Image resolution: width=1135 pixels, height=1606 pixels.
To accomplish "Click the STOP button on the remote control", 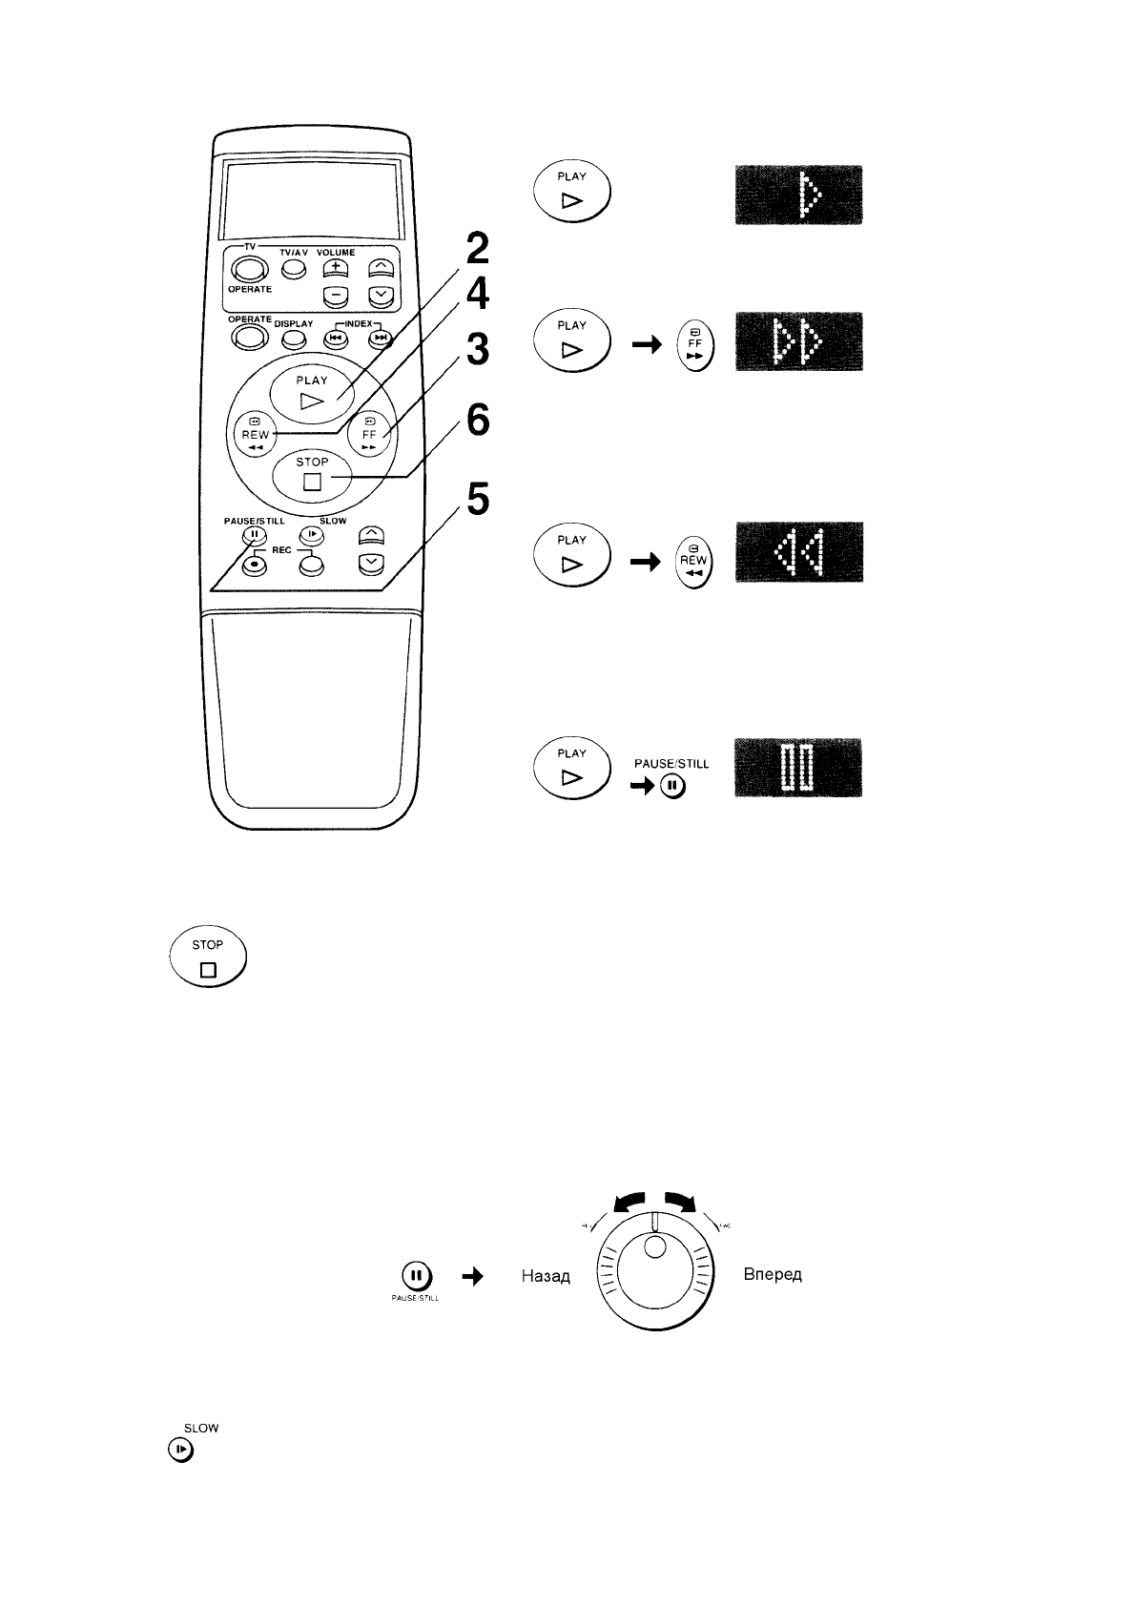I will pos(312,473).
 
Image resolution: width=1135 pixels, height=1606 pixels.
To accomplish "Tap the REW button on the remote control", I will pos(255,434).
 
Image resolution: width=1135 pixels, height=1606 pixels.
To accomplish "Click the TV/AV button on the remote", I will pos(294,271).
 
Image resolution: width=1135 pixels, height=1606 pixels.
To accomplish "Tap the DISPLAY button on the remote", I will pos(293,338).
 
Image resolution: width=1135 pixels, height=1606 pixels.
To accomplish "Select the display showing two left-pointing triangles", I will pos(798,552).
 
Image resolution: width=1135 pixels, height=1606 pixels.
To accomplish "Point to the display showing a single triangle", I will pos(798,196).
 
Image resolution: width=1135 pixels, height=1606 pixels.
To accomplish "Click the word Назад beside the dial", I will pos(546,1276).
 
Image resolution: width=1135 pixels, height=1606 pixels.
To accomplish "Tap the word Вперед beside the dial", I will pos(773,1275).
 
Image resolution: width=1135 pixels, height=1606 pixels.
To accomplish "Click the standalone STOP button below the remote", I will pos(208,957).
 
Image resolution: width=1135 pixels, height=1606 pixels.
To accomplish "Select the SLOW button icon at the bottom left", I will pos(180,1451).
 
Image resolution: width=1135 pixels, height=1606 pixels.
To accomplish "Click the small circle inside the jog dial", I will pos(654,1247).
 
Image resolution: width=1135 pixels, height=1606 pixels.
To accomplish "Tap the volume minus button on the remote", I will pos(336,297).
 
